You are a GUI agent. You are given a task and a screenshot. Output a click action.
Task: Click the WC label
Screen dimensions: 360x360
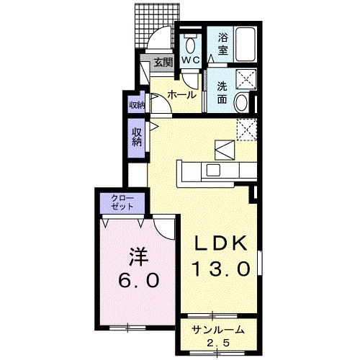pyautogui.click(x=191, y=60)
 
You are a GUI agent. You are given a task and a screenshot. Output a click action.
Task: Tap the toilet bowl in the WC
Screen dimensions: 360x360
pyautogui.click(x=191, y=45)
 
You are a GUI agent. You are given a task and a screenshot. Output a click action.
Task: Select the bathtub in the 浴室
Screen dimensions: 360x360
pyautogui.click(x=246, y=45)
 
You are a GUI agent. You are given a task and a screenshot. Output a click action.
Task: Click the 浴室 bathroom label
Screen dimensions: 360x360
pyautogui.click(x=222, y=45)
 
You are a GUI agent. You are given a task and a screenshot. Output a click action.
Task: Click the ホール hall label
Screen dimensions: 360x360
pyautogui.click(x=182, y=95)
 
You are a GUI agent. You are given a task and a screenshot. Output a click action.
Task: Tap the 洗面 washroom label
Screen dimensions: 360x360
pyautogui.click(x=222, y=93)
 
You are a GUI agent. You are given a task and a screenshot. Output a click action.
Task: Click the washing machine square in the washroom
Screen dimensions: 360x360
pyautogui.click(x=246, y=78)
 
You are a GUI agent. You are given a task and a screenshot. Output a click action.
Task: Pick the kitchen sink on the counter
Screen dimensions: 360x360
pyautogui.click(x=213, y=171)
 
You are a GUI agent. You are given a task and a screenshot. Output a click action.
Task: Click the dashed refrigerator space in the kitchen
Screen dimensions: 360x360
pyautogui.click(x=247, y=130)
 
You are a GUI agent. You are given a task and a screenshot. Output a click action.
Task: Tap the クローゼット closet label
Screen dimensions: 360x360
pyautogui.click(x=122, y=203)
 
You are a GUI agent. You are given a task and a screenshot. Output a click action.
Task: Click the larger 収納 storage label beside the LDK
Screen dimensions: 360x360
pyautogui.click(x=137, y=138)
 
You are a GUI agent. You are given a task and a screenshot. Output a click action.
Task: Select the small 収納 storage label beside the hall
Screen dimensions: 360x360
pyautogui.click(x=137, y=105)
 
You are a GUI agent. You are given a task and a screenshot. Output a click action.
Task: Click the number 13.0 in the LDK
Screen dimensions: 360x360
pyautogui.click(x=220, y=269)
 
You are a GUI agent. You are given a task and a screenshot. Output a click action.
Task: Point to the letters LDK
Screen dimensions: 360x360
pyautogui.click(x=220, y=243)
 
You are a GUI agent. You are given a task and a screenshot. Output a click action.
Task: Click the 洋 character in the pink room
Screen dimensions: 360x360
pyautogui.click(x=138, y=257)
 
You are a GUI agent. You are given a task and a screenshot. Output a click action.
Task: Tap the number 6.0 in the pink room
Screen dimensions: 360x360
pyautogui.click(x=139, y=280)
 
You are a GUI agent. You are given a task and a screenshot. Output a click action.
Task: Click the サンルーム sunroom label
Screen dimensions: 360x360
pyautogui.click(x=218, y=330)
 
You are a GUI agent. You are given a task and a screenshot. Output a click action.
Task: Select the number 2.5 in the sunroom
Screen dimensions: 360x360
pyautogui.click(x=218, y=343)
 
